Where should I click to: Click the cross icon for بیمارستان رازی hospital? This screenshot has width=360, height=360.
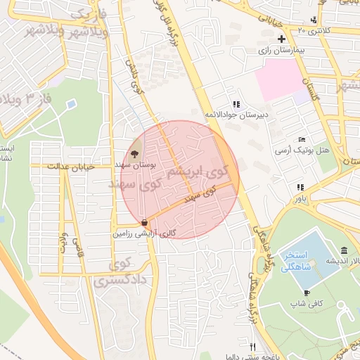[x=282, y=39]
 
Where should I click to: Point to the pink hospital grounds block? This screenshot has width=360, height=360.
[x=282, y=84]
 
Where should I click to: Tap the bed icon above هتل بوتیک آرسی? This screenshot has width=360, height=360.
[x=302, y=140]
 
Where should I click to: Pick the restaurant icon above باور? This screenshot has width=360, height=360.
[x=300, y=187]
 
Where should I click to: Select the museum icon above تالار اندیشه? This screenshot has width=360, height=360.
[x=343, y=251]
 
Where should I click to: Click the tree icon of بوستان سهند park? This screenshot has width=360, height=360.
[x=135, y=153]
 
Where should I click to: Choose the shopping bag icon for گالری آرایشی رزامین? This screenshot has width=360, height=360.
[x=144, y=222]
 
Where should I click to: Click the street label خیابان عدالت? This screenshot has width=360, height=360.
[x=70, y=167]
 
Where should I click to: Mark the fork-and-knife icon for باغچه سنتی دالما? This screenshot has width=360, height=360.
[x=252, y=346]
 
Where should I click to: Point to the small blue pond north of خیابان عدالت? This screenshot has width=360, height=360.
[x=71, y=105]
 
